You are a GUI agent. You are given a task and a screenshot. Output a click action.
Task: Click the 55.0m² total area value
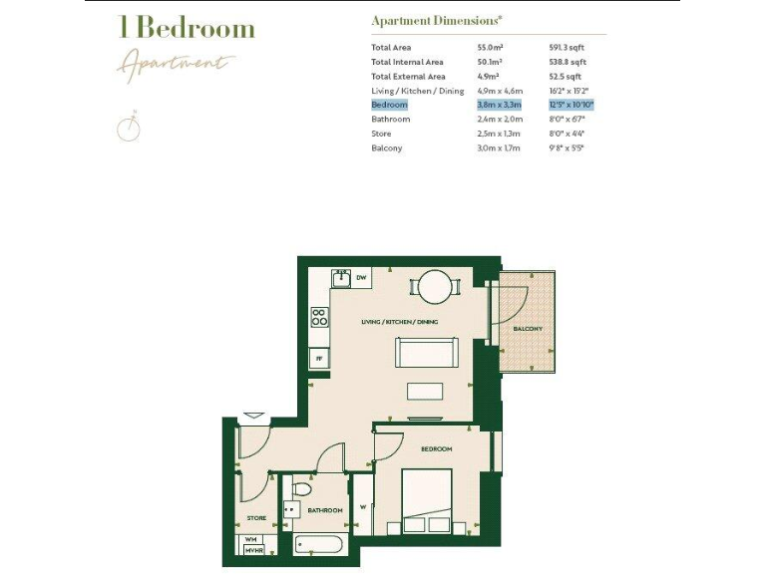click(489, 47)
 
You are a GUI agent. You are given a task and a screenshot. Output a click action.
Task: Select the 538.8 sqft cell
click(565, 62)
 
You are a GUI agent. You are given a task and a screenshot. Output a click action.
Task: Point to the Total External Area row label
click(408, 76)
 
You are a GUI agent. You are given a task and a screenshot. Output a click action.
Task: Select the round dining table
click(435, 287)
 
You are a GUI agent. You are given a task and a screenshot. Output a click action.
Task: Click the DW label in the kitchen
click(361, 277)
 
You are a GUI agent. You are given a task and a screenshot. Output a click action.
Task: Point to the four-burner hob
click(319, 318)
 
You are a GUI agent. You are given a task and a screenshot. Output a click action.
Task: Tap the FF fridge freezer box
click(319, 357)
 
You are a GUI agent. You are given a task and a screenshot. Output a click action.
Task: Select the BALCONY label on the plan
click(528, 329)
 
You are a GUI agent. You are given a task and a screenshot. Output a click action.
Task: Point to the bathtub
click(319, 545)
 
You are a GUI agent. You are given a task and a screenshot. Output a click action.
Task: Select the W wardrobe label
click(362, 504)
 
